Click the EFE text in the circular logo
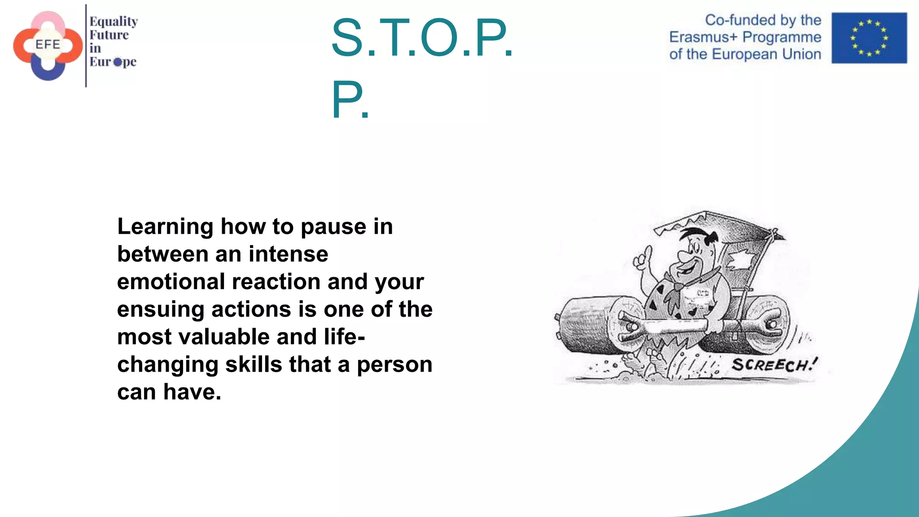48,44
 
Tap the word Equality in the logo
114,22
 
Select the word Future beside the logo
109,35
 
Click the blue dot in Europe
118,62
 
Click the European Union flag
869,38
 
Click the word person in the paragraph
394,364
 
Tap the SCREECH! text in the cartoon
775,364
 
